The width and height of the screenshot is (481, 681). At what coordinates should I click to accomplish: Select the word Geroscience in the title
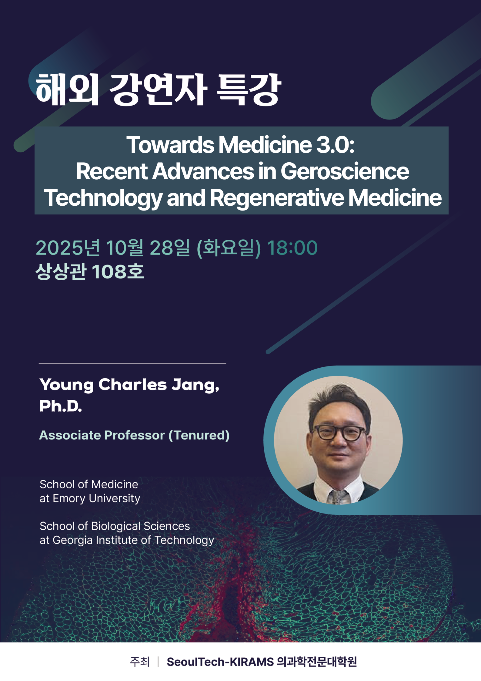345,171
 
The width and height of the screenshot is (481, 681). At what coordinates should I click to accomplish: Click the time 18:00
292,248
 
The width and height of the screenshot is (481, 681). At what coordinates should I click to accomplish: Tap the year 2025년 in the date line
68,248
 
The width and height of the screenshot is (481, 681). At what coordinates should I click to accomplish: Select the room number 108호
118,271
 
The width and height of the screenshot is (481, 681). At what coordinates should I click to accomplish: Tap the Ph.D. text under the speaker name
61,406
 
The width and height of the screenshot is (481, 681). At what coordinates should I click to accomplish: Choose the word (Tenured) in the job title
199,435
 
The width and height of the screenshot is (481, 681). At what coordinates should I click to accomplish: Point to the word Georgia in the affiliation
72,540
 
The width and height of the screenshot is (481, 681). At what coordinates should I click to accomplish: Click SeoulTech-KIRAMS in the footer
220,662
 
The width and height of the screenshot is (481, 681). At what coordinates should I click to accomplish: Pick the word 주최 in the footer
140,662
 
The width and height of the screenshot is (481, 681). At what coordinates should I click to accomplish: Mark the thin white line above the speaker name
132,363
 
